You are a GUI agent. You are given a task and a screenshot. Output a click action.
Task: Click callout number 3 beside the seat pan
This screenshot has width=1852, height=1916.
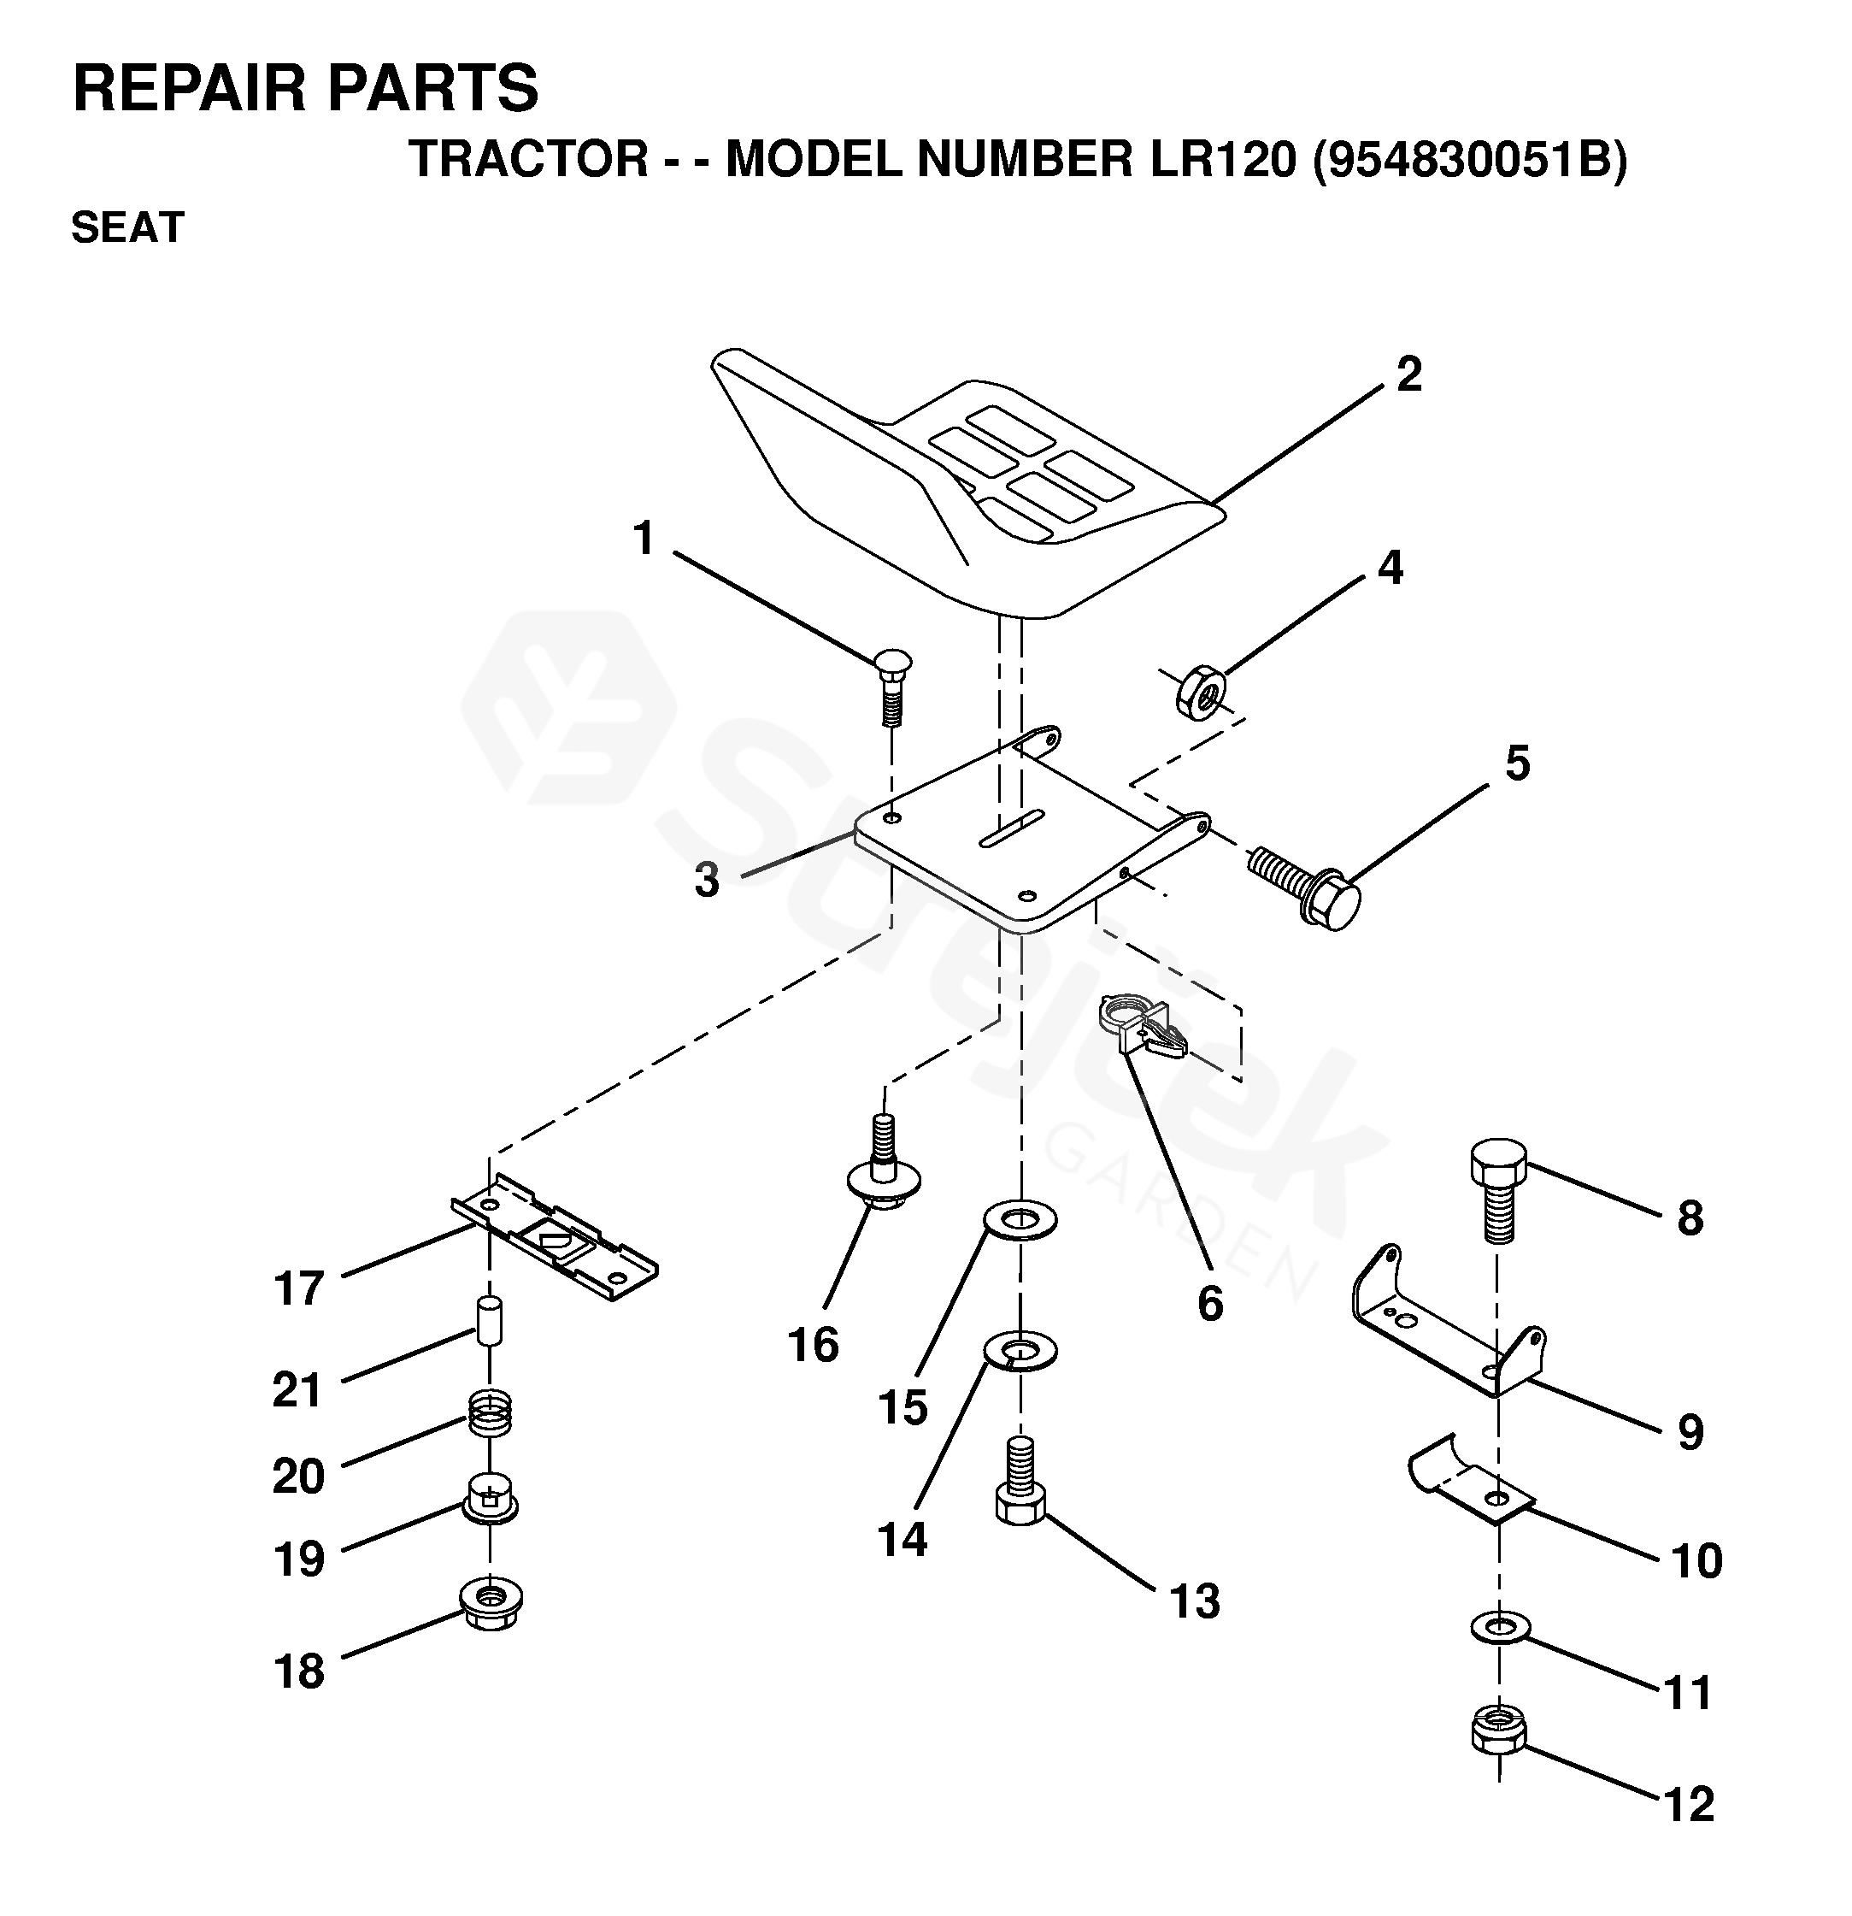(x=707, y=880)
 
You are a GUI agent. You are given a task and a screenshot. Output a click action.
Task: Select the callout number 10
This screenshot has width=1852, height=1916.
(x=1696, y=1561)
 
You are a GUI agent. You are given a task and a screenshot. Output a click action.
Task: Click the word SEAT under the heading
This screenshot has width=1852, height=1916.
(x=128, y=227)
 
